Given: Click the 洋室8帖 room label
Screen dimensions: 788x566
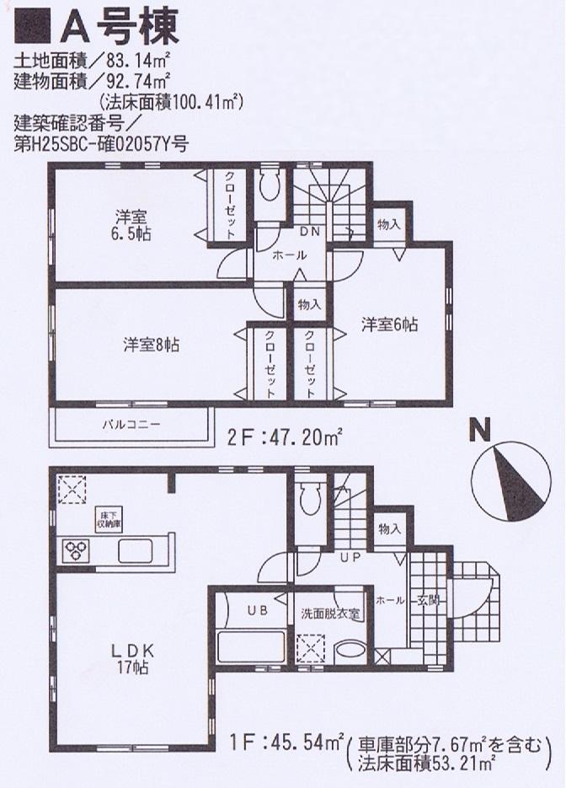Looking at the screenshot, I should (151, 344).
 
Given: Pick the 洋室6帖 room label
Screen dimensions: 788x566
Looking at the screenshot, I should (390, 324).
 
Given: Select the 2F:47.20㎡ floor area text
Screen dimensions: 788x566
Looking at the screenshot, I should (285, 437).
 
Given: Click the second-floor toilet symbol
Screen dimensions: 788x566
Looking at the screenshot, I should (270, 185).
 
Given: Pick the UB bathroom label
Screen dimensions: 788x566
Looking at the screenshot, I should (255, 612).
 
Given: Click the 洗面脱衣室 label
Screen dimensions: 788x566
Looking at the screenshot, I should (331, 613).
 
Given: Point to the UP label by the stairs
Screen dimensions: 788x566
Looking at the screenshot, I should (350, 558).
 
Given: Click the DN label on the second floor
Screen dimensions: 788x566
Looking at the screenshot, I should (308, 232).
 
